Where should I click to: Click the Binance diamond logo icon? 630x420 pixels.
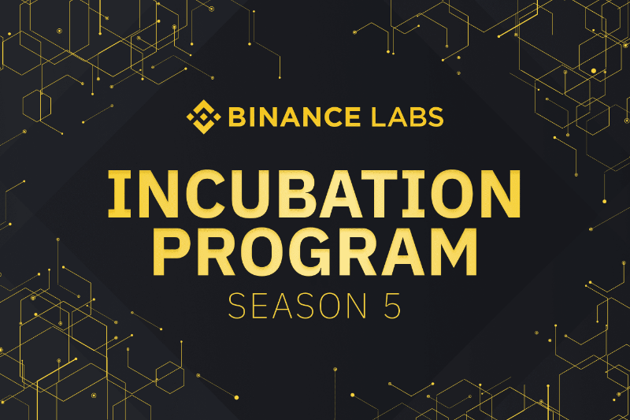(x=204, y=117)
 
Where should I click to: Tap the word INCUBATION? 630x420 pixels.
(x=314, y=195)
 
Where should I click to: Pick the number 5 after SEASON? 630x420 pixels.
(x=392, y=306)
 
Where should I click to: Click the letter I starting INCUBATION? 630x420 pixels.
(x=120, y=195)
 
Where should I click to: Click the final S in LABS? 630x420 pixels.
(x=435, y=117)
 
